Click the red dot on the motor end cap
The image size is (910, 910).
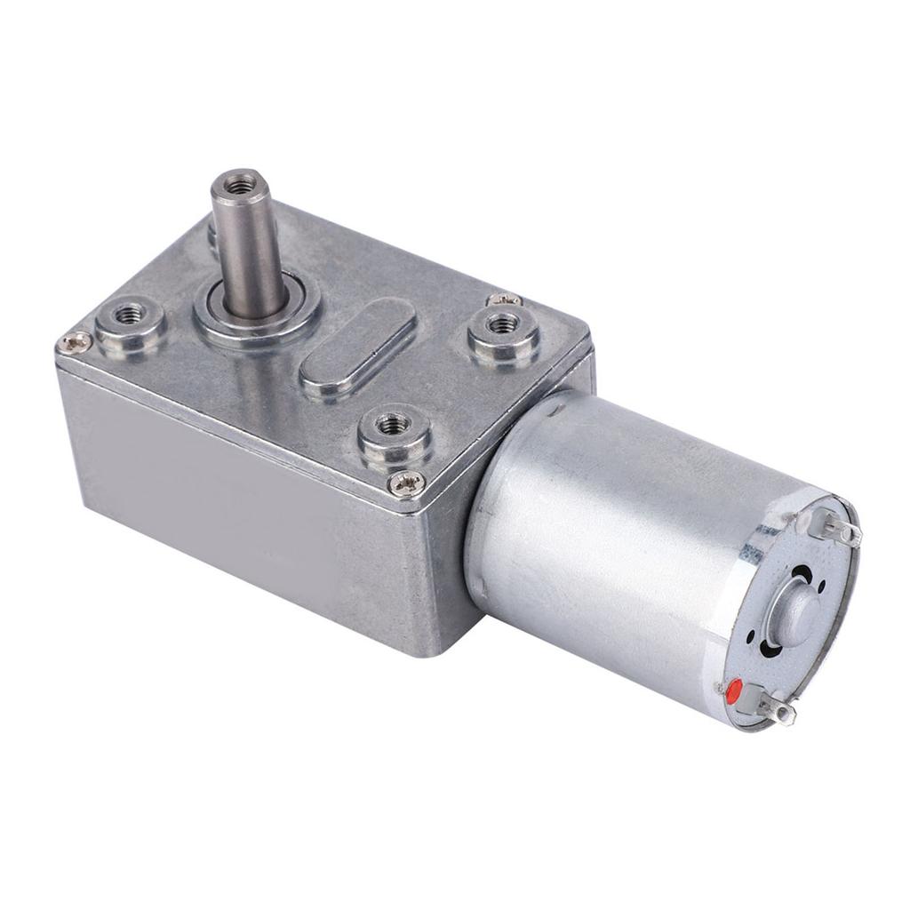click(735, 690)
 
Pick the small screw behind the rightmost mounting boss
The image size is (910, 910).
click(499, 300)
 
